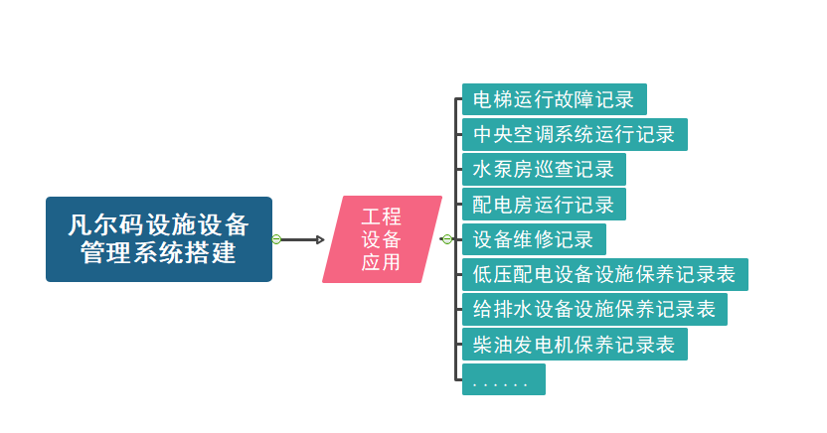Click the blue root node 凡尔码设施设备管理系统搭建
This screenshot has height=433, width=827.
pyautogui.click(x=159, y=239)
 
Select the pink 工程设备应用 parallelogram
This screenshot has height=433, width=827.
pyautogui.click(x=382, y=239)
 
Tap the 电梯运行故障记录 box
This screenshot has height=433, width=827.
pyautogui.click(x=554, y=99)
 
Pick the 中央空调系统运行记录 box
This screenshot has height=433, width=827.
pyautogui.click(x=575, y=134)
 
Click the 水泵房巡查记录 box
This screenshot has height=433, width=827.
pyautogui.click(x=544, y=169)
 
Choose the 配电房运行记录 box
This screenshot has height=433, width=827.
pyautogui.click(x=544, y=205)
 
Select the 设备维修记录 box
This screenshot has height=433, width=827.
pyautogui.click(x=534, y=239)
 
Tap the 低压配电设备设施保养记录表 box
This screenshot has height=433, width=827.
pyautogui.click(x=604, y=274)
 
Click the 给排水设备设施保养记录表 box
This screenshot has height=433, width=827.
pyautogui.click(x=594, y=309)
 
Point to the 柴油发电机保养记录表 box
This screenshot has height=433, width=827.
pyautogui.click(x=575, y=345)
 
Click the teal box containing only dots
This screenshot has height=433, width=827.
pyautogui.click(x=503, y=379)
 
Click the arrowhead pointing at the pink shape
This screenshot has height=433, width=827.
pyautogui.click(x=320, y=239)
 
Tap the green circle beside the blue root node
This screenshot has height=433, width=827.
pyautogui.click(x=277, y=239)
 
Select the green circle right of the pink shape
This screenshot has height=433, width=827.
pyautogui.click(x=447, y=239)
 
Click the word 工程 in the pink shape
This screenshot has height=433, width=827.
pyautogui.click(x=382, y=216)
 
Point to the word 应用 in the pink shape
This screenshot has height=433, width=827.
pyautogui.click(x=381, y=262)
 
